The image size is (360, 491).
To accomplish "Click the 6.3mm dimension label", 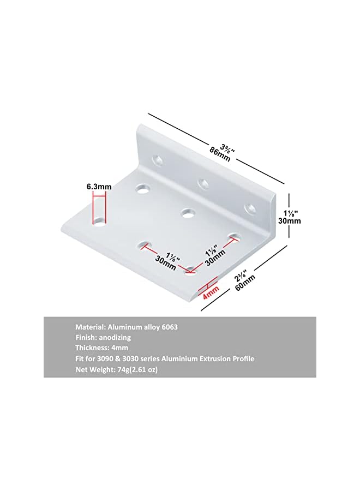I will [x=99, y=187].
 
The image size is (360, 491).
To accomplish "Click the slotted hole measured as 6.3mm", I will [x=99, y=223].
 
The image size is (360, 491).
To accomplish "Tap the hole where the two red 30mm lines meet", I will [x=190, y=269].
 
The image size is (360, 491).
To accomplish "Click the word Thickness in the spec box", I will [x=92, y=348].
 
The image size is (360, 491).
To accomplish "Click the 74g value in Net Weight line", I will [x=123, y=369].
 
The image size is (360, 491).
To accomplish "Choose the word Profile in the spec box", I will [x=243, y=358].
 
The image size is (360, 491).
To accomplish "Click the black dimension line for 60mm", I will [x=245, y=278].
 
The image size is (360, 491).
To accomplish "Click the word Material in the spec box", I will [x=90, y=327].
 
